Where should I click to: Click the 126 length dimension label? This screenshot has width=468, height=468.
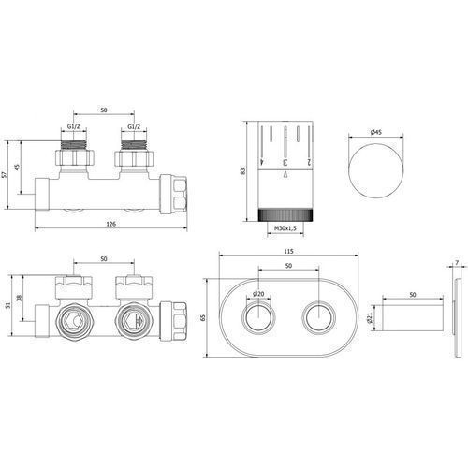point(111,224)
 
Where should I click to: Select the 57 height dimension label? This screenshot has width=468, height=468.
point(4,175)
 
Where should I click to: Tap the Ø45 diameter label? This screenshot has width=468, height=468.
point(376,132)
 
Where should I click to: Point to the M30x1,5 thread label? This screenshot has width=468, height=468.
point(285,228)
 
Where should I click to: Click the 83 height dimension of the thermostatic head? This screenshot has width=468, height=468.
point(243,171)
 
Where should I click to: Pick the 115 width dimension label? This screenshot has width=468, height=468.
point(289,251)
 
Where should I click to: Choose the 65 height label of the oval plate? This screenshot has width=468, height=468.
point(203,317)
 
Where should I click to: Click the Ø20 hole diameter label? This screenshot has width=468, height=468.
point(258,293)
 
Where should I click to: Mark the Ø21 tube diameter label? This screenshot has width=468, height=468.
point(371,318)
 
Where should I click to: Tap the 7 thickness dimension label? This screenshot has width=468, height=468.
point(457,263)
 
